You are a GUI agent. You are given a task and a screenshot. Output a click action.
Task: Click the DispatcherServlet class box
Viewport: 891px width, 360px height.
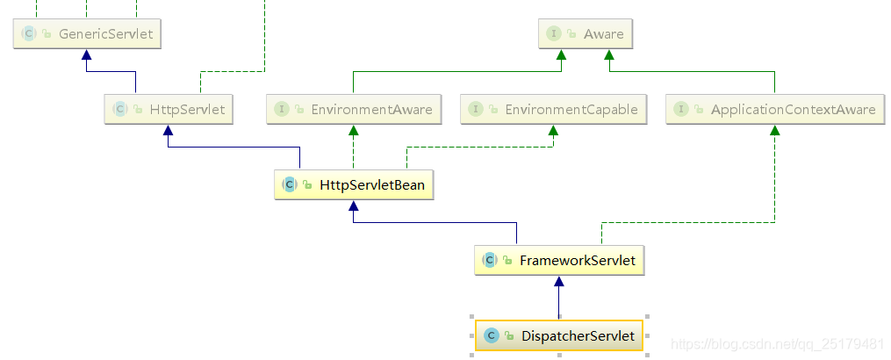click(x=559, y=335)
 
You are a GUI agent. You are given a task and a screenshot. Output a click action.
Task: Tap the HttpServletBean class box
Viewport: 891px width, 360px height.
click(x=354, y=184)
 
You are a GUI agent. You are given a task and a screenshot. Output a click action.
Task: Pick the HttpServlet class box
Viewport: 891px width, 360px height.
click(x=169, y=110)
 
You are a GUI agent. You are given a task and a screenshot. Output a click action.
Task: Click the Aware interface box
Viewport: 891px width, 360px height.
click(x=585, y=34)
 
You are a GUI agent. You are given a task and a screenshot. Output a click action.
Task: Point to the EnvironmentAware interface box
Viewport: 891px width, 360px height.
click(x=354, y=110)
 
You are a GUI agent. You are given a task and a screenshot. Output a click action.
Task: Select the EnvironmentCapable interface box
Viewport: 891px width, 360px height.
click(x=554, y=110)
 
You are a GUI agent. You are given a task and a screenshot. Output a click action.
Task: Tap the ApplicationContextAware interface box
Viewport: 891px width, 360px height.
click(x=774, y=110)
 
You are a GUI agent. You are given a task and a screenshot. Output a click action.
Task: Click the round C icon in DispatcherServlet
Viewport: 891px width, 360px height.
click(x=491, y=335)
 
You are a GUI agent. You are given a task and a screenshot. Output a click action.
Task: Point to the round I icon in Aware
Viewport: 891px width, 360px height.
click(x=554, y=34)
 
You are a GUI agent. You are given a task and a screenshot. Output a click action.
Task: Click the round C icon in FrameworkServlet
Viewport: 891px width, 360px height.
click(x=489, y=260)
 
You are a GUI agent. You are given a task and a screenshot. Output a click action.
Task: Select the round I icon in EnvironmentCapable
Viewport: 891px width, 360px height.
click(x=476, y=110)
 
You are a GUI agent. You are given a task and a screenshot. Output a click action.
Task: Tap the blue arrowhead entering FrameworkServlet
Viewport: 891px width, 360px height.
click(x=559, y=281)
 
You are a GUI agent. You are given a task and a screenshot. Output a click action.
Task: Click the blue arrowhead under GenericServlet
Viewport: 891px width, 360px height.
click(x=85, y=55)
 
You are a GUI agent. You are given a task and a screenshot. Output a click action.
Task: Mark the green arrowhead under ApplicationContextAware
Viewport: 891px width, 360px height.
click(x=774, y=130)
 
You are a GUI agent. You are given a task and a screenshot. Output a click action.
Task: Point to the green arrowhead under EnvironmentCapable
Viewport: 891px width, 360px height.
click(x=554, y=130)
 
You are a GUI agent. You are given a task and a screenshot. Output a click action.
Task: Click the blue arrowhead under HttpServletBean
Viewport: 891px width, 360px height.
click(x=353, y=205)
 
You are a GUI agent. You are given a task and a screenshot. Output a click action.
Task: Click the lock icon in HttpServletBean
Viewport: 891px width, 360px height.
click(x=307, y=185)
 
